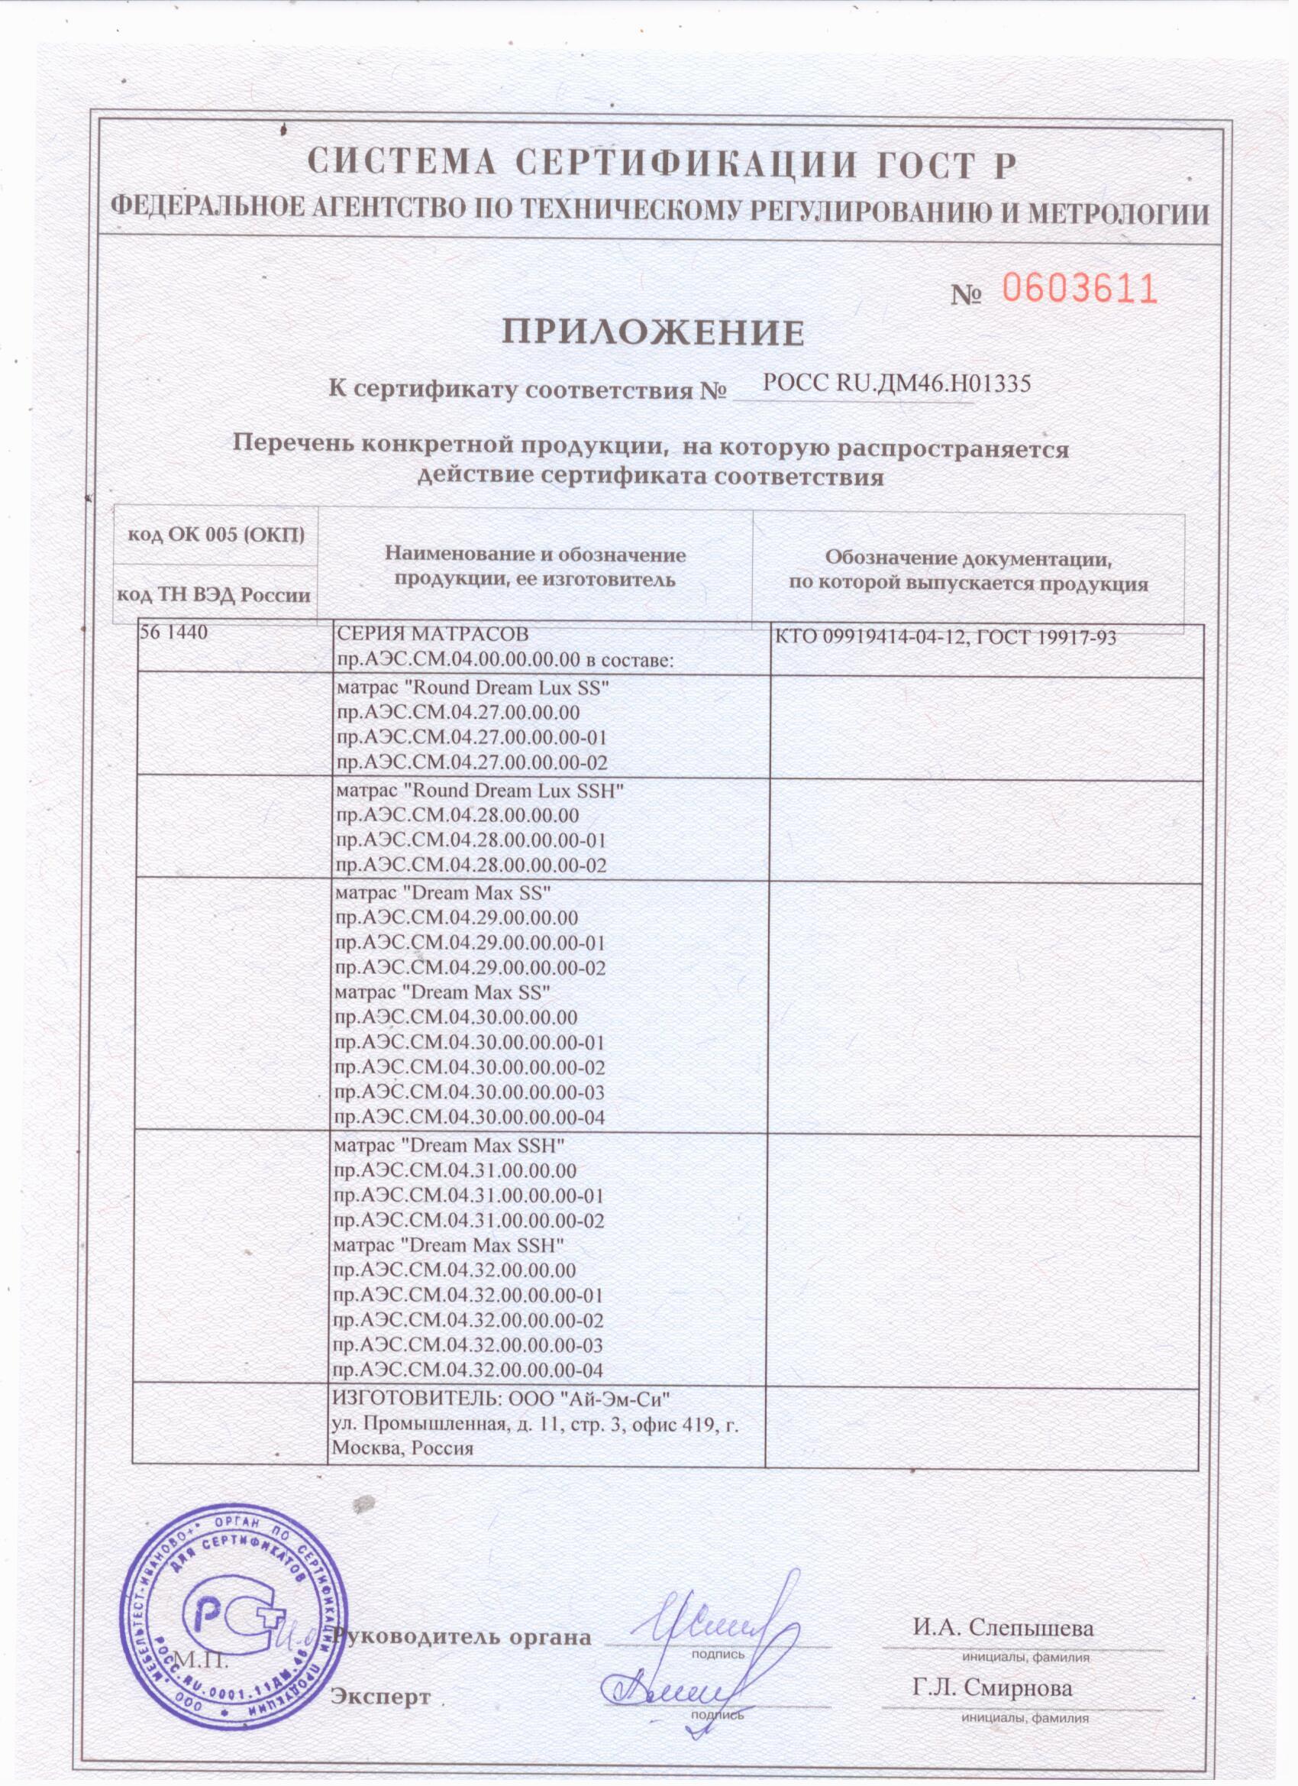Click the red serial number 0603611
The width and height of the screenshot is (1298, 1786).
[x=1079, y=290]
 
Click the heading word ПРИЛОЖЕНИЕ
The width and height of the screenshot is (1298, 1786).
[x=654, y=334]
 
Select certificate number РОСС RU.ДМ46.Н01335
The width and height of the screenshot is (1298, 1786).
[x=897, y=383]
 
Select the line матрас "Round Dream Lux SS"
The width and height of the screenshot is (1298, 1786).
[x=473, y=688]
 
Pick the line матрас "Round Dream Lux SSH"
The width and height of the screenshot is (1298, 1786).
[x=479, y=790]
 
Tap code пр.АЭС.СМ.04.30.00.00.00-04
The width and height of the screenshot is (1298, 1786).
[x=470, y=1118]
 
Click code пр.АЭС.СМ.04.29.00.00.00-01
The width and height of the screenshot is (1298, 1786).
[x=470, y=943]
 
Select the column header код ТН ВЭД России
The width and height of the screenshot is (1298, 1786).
[x=214, y=594]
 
